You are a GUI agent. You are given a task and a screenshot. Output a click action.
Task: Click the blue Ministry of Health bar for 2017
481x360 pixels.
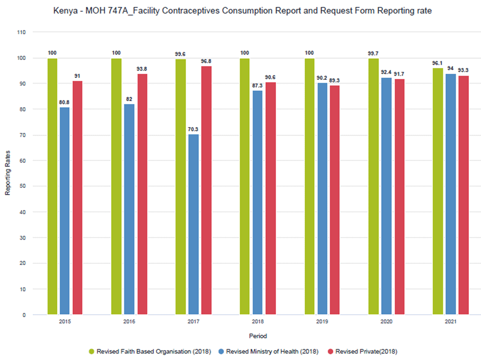click(193, 224)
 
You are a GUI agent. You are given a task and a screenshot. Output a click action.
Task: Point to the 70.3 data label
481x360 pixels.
click(193, 129)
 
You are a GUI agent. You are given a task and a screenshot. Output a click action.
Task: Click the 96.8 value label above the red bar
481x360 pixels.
click(206, 61)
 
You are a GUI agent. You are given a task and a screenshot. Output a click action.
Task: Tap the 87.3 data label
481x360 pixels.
click(258, 85)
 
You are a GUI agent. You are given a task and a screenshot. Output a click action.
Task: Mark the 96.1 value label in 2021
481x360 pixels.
click(438, 63)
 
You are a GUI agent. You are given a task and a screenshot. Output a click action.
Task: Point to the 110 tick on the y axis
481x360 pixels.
click(21, 32)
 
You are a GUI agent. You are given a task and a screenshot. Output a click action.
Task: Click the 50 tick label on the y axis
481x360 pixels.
click(23, 186)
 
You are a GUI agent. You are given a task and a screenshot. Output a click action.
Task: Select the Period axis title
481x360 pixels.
click(258, 336)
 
